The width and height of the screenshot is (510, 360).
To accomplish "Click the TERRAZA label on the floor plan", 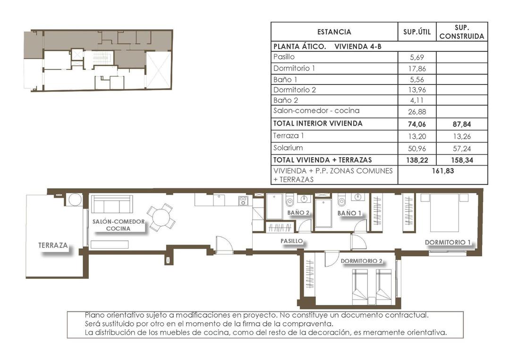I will pyautogui.click(x=53, y=245).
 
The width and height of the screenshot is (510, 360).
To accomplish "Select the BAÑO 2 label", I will pyautogui.click(x=298, y=213).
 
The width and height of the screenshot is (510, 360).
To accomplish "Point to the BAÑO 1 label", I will pyautogui.click(x=349, y=213).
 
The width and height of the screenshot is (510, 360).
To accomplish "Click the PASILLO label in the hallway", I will pyautogui.click(x=291, y=241).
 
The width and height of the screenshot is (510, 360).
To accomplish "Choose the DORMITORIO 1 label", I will pyautogui.click(x=448, y=243).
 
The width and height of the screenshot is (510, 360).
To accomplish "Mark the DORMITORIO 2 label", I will pyautogui.click(x=361, y=261).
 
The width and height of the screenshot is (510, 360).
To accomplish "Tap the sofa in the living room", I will pyautogui.click(x=111, y=204).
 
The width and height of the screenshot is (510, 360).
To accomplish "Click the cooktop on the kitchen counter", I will pyautogui.click(x=243, y=201).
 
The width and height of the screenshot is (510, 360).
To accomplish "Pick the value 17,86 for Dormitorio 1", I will pyautogui.click(x=417, y=68).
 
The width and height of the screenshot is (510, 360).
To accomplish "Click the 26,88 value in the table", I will pyautogui.click(x=417, y=112).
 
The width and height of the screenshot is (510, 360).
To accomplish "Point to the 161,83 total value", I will pyautogui.click(x=442, y=171).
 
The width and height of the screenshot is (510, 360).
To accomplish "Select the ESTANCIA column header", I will pyautogui.click(x=334, y=32).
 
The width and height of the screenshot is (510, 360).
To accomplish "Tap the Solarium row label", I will pyautogui.click(x=288, y=148).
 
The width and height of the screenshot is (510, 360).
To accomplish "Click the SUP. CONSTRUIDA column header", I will pyautogui.click(x=461, y=32).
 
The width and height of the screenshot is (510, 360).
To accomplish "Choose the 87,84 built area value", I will pyautogui.click(x=461, y=124).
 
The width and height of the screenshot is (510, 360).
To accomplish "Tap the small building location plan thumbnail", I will pyautogui.click(x=98, y=60).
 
